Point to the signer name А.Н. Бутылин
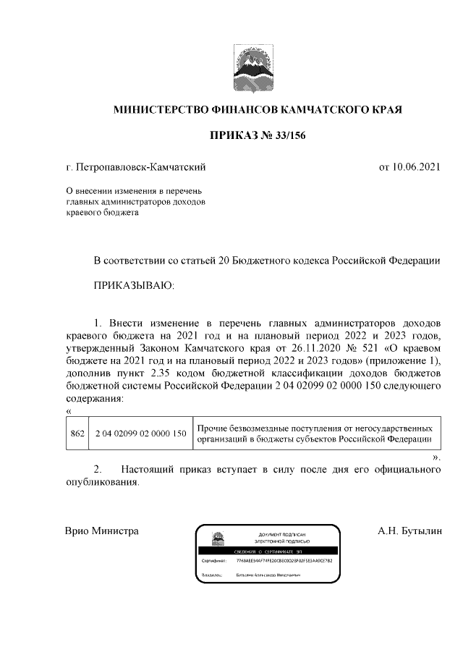[409, 531]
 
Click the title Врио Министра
[101, 531]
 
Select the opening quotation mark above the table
[69, 411]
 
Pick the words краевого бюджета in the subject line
[98, 213]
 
